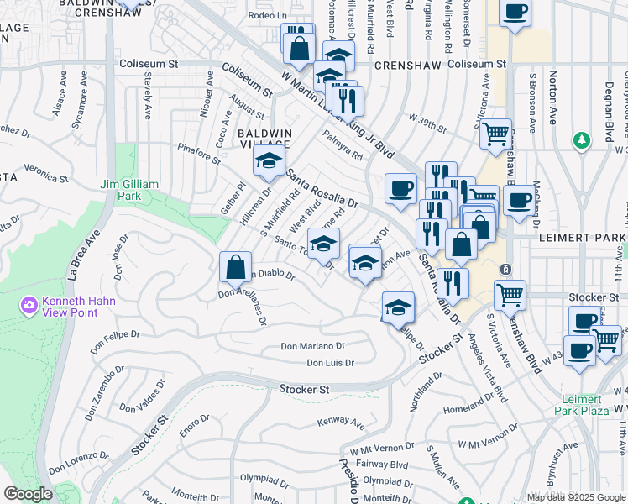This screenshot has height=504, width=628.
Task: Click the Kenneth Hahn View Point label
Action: coord(80,304)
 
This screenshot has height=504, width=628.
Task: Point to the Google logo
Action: coord(28,493)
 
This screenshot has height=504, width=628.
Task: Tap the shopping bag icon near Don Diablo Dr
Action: coord(236,269)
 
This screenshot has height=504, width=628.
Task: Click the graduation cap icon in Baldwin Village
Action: coord(270,162)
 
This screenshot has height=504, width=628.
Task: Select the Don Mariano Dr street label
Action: coord(312,346)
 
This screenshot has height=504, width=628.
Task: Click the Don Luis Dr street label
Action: coord(330,363)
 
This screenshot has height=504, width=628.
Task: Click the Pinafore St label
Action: coord(197,150)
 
